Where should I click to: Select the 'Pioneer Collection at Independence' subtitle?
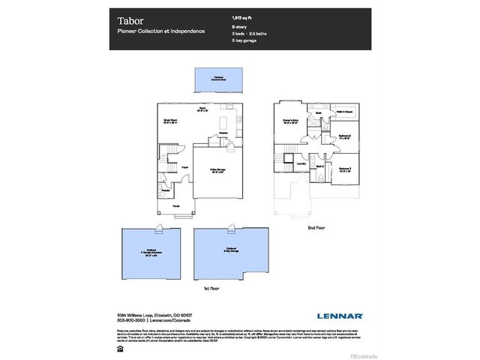coord(160,31)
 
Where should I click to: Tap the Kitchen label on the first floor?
coord(223,133)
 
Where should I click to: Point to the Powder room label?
coord(165,189)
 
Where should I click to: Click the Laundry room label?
coord(301,161)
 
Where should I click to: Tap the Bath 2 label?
coord(318,166)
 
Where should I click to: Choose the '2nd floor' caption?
coord(316,226)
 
